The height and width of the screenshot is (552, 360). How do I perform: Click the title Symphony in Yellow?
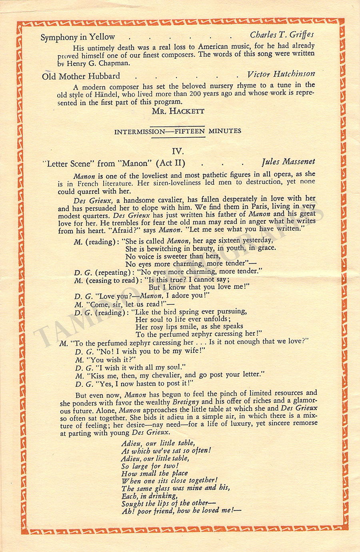tap(78, 37)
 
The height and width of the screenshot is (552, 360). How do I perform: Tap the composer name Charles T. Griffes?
tap(282, 35)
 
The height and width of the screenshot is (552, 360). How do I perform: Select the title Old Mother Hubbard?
tap(81, 76)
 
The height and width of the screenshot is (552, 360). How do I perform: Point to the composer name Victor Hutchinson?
tap(281, 74)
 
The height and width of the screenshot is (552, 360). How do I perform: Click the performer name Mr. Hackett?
tap(178, 111)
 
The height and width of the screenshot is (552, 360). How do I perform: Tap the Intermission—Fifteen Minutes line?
tap(178, 131)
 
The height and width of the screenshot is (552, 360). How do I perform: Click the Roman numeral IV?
tap(178, 151)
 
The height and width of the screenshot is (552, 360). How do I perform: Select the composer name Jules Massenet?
tap(288, 162)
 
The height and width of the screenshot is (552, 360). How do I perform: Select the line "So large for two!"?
tap(150, 466)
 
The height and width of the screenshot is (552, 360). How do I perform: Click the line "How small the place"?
tap(154, 473)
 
